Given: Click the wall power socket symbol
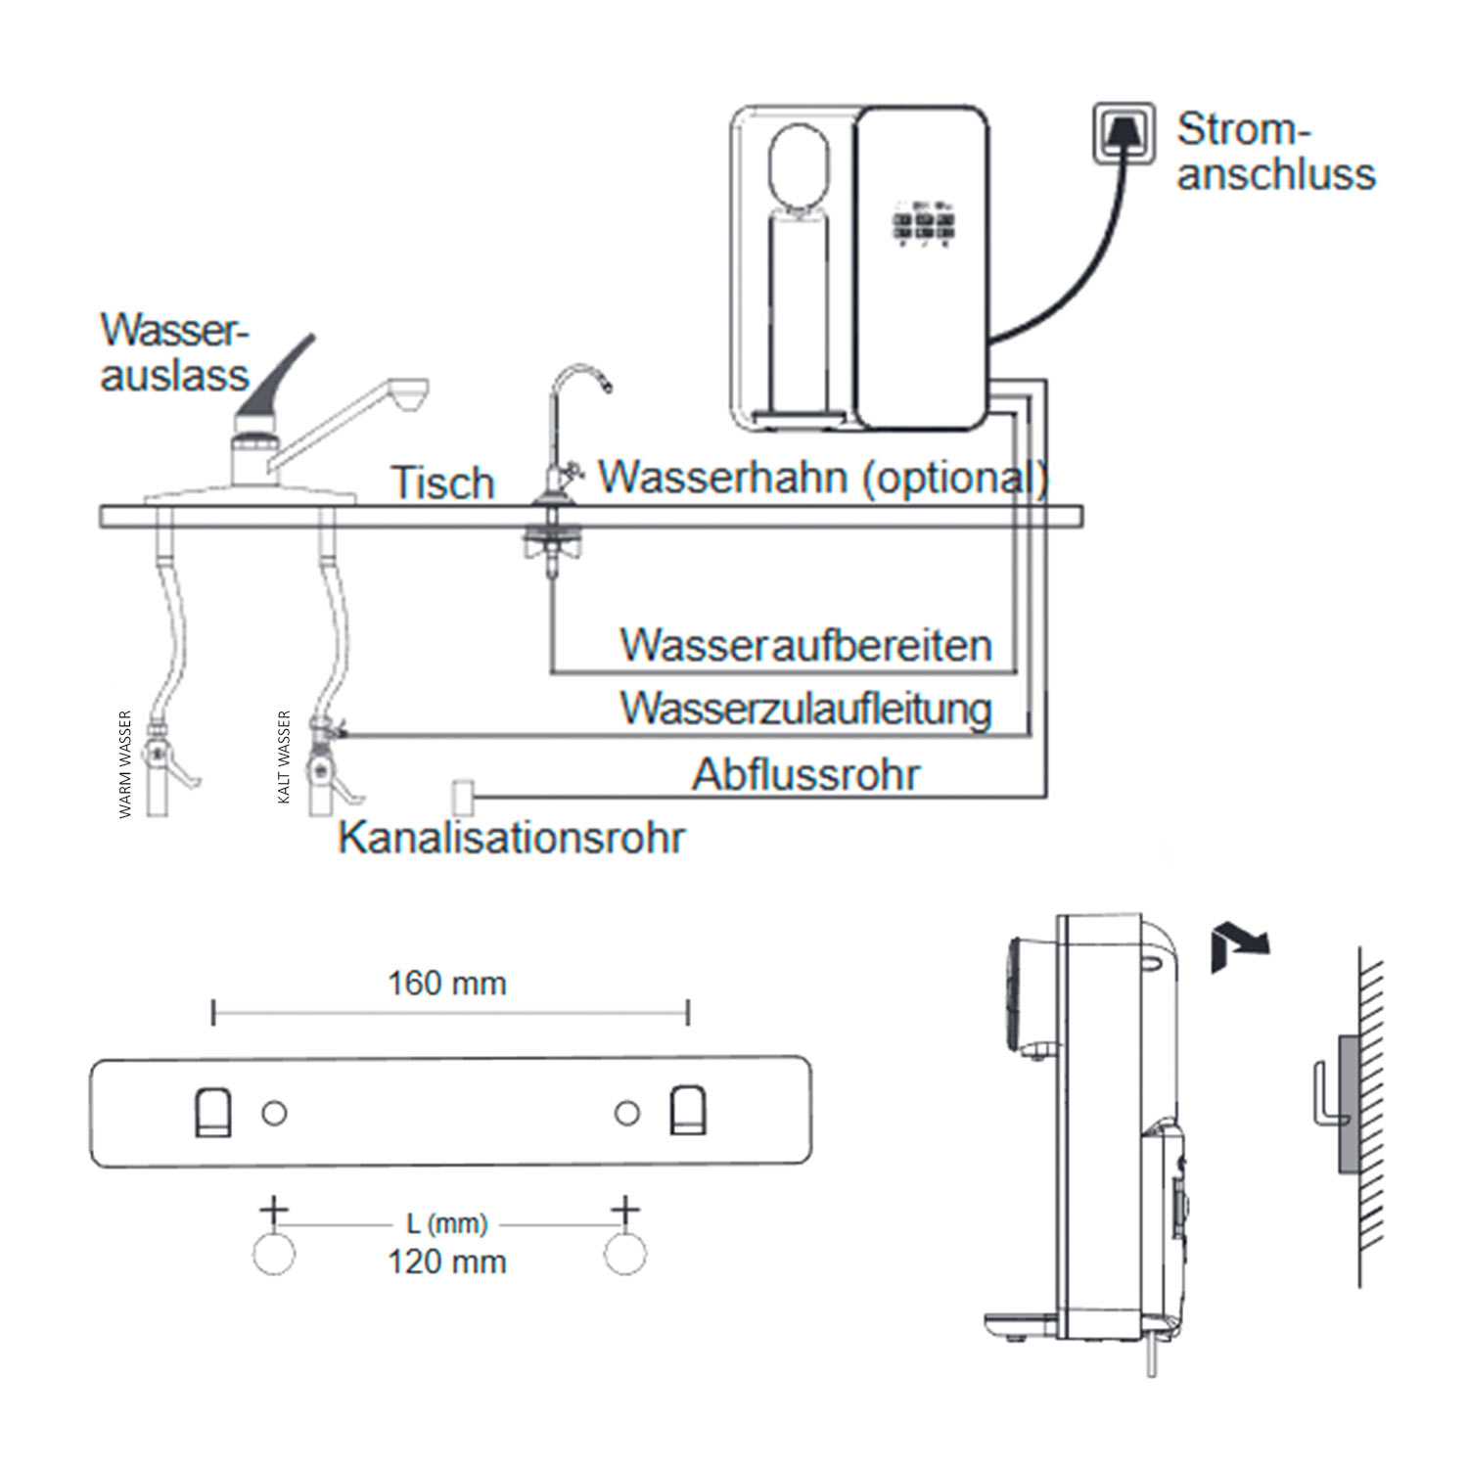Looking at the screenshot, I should (1123, 134).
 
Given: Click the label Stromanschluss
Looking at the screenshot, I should (1274, 152).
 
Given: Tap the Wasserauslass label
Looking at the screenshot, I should (174, 352).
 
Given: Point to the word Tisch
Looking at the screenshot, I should (442, 482).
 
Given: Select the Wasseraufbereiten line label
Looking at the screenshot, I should (805, 646).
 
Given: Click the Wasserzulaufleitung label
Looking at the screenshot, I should (805, 709).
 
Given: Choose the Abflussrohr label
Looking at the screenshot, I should (805, 774).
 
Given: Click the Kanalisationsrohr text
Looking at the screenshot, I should (511, 838).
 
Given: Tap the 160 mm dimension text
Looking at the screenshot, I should (447, 983).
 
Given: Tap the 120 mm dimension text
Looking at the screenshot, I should (447, 1262).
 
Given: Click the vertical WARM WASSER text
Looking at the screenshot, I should (125, 764).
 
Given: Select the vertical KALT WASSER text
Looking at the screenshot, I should (285, 757).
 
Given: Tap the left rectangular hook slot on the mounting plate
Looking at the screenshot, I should (213, 1113).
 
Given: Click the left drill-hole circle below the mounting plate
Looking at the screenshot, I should (274, 1254).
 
